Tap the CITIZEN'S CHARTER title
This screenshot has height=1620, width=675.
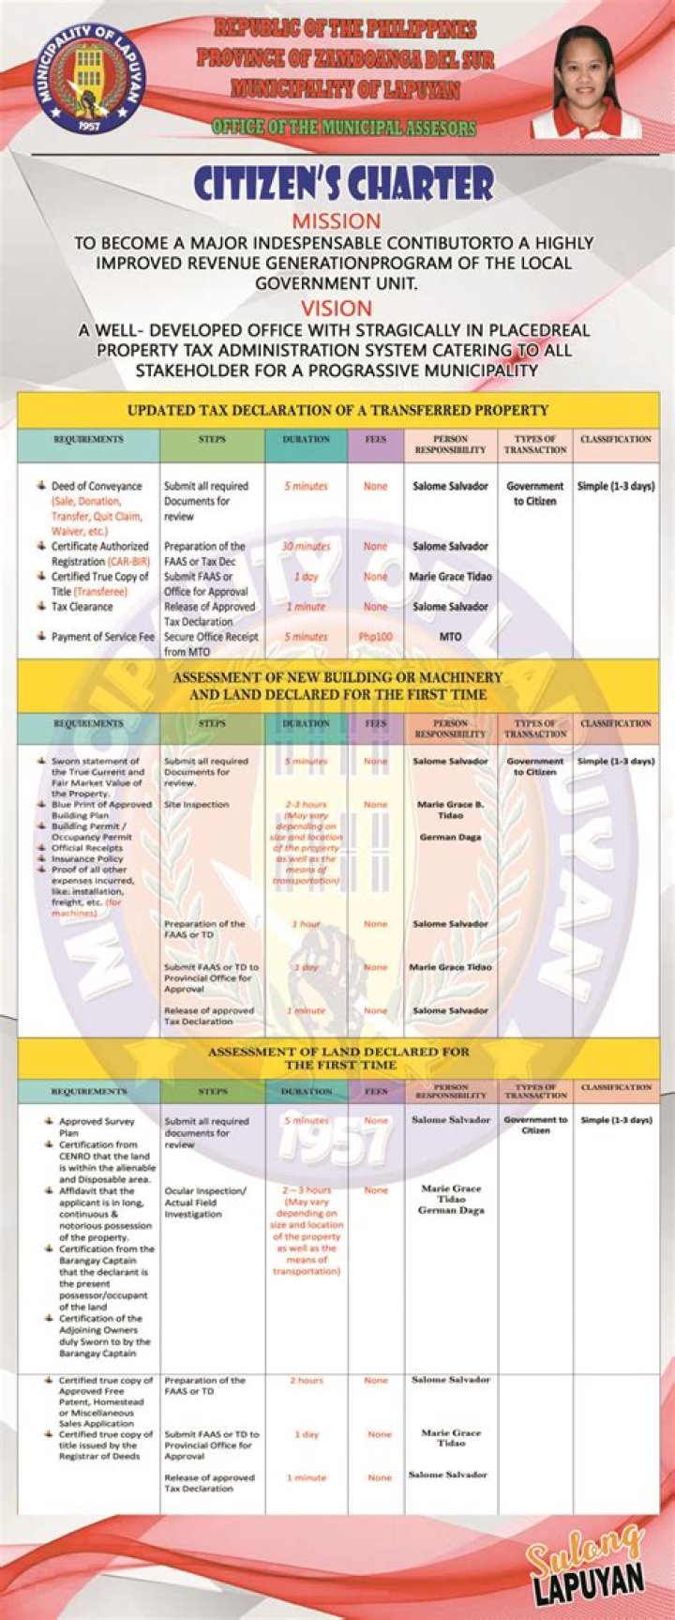pyautogui.click(x=343, y=184)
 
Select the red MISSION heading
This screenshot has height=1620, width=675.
pyautogui.click(x=337, y=221)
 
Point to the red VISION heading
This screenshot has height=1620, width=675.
pyautogui.click(x=337, y=308)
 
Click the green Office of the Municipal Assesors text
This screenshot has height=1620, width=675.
pyautogui.click(x=343, y=128)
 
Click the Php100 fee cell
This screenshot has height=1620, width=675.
pyautogui.click(x=375, y=637)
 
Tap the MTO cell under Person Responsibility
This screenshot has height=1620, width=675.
pyautogui.click(x=450, y=637)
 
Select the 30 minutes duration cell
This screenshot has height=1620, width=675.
pyautogui.click(x=306, y=546)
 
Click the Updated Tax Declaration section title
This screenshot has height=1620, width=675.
pyautogui.click(x=337, y=410)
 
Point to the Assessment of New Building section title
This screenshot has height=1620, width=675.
pyautogui.click(x=337, y=686)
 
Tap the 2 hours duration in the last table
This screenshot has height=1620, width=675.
pyautogui.click(x=306, y=1381)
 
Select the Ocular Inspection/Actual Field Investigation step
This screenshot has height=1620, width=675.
pyautogui.click(x=205, y=1203)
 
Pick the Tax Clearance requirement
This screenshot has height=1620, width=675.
pyautogui.click(x=82, y=607)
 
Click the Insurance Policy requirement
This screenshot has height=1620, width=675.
pyautogui.click(x=87, y=859)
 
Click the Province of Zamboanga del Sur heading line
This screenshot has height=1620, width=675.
pyautogui.click(x=345, y=59)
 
